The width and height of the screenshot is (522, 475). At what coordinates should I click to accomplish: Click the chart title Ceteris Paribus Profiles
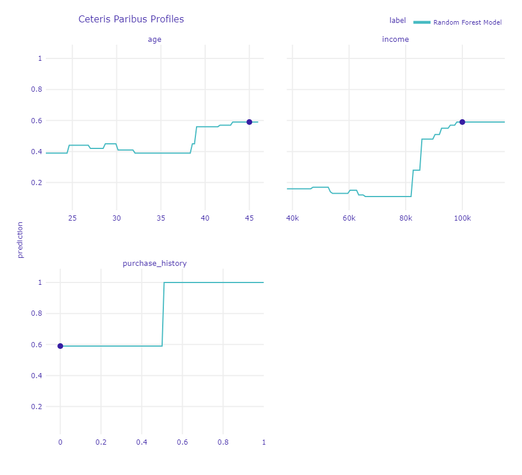coord(131,19)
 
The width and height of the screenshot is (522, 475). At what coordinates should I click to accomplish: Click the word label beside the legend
coord(398,21)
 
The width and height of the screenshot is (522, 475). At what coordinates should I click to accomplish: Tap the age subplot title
coord(155,39)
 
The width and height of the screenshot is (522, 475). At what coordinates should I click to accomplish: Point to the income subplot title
coord(395,39)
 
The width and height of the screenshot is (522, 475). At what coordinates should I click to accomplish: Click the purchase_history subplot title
coord(155,264)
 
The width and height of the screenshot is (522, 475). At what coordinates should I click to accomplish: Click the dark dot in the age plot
coord(249,122)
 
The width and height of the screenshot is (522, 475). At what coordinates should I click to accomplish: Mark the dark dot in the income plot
coord(462,122)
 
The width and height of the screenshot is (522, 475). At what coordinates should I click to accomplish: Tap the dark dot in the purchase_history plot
coord(60,346)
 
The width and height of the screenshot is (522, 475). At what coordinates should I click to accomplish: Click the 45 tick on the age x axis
coord(249,218)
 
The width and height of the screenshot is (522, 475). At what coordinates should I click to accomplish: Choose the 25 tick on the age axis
coord(72,218)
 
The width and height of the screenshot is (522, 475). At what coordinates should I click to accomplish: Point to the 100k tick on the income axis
coord(462,218)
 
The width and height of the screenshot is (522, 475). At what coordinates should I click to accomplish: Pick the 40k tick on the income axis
coord(292,218)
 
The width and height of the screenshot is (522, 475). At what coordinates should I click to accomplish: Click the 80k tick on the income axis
coord(406,218)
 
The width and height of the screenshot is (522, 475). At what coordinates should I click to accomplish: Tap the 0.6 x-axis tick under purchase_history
coord(182,442)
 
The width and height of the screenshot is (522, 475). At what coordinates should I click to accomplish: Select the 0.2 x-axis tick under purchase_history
coord(101,442)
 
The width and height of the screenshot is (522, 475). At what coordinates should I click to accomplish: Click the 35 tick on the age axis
coord(160,218)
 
